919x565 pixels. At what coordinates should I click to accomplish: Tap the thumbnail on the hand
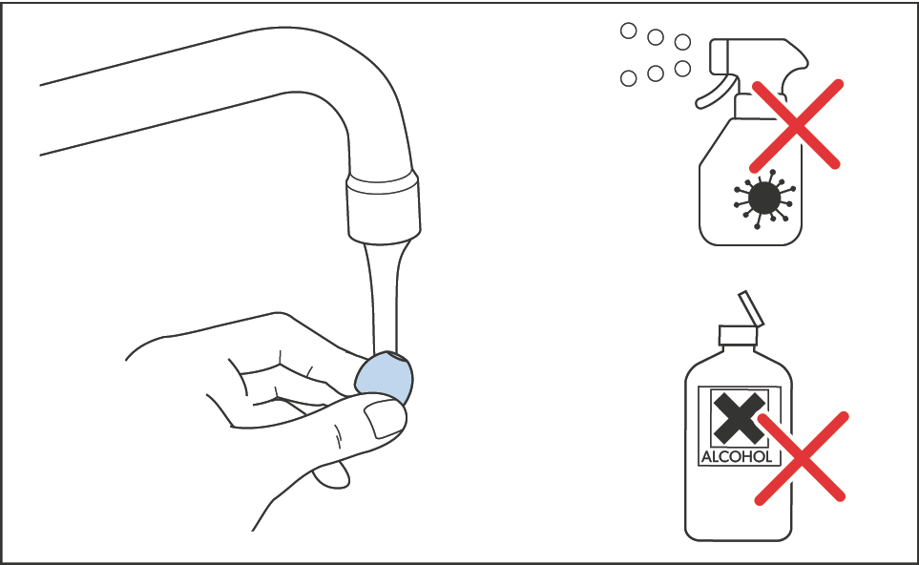pos(385,420)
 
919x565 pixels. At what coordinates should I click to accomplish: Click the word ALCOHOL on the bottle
pos(737,456)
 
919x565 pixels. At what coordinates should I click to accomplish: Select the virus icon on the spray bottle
pos(763,199)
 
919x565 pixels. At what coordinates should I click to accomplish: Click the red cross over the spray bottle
pos(795,125)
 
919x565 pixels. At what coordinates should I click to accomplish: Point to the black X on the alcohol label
pos(739,418)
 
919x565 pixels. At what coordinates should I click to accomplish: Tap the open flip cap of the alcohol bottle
pos(751,307)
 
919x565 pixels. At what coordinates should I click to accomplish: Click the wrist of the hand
pos(147,351)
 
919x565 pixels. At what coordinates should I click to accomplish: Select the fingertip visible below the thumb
pos(332,474)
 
